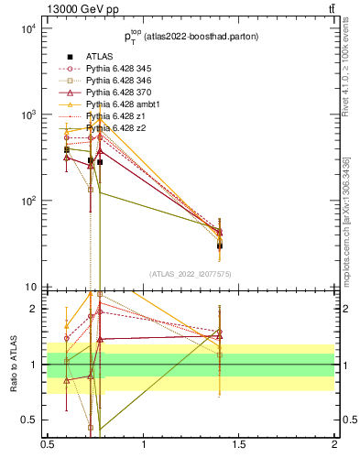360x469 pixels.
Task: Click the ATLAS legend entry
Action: point(100,56)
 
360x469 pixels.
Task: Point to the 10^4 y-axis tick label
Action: point(27,28)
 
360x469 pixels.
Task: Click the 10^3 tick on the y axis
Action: point(27,115)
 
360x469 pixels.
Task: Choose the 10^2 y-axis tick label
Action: point(27,201)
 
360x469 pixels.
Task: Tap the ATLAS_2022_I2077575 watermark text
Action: point(191,274)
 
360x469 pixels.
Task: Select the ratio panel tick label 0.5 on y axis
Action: point(29,420)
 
